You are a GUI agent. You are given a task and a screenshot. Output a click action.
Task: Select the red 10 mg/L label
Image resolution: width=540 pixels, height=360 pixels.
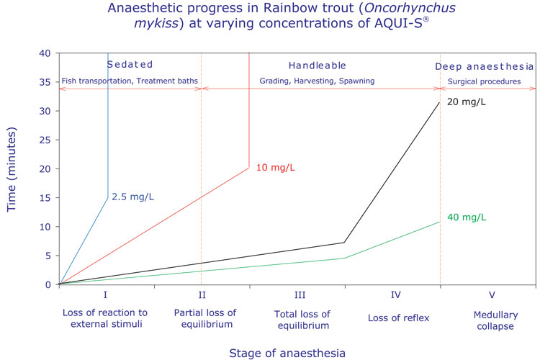click(x=276, y=168)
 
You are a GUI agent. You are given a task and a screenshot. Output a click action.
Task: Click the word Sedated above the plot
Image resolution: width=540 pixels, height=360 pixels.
click(x=130, y=65)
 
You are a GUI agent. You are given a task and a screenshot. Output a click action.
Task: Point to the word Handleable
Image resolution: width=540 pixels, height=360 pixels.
click(x=318, y=65)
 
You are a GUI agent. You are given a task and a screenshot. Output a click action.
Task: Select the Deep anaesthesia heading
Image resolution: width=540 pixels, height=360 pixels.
click(x=485, y=66)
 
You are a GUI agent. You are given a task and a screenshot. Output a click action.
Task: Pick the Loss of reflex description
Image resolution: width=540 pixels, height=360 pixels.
click(x=392, y=314)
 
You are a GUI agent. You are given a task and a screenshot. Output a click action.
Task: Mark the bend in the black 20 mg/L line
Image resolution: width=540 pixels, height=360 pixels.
click(x=345, y=243)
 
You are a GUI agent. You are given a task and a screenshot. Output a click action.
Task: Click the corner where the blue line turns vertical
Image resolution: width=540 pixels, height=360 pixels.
click(x=108, y=197)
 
